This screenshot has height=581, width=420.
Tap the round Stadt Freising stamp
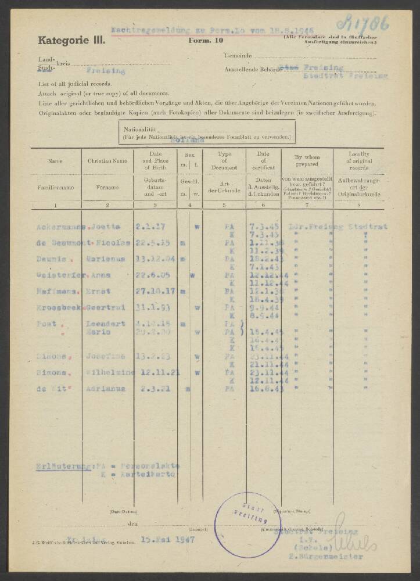247,524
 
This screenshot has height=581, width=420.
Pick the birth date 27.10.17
154,290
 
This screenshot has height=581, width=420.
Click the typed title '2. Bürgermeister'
329,557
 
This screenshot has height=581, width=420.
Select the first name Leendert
106,324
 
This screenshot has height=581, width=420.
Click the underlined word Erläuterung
62,465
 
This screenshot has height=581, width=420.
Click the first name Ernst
99,290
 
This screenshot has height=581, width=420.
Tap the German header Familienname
55,188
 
